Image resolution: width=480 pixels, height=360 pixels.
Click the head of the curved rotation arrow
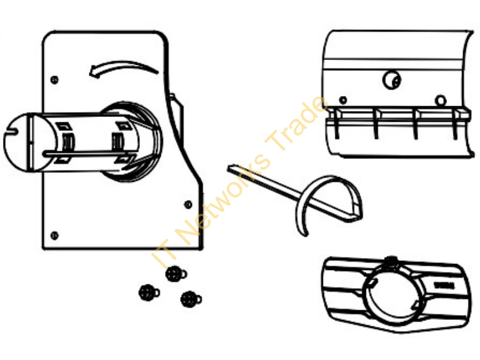tap(94, 72)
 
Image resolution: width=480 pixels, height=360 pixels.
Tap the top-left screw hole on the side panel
tap(55, 80)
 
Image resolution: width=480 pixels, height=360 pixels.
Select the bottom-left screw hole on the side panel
tap(55, 235)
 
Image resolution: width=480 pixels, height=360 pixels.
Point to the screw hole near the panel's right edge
tap(188, 204)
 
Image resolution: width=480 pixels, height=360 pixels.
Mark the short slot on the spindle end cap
tap(10, 132)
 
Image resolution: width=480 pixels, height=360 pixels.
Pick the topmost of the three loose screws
tap(176, 274)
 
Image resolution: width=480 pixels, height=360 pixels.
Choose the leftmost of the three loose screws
tap(149, 292)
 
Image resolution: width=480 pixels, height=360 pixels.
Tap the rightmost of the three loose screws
tap(191, 298)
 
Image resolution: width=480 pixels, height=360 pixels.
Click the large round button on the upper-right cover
tap(392, 80)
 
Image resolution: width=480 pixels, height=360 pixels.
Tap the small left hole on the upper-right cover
tap(343, 100)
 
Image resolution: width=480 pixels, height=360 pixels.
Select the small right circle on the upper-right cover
tap(440, 100)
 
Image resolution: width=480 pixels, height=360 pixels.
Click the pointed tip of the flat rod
tap(229, 167)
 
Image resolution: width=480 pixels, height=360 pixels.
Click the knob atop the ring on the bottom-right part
tap(391, 261)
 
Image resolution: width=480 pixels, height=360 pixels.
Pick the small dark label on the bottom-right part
tap(445, 286)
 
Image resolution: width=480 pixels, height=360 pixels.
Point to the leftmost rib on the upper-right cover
tap(336, 124)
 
